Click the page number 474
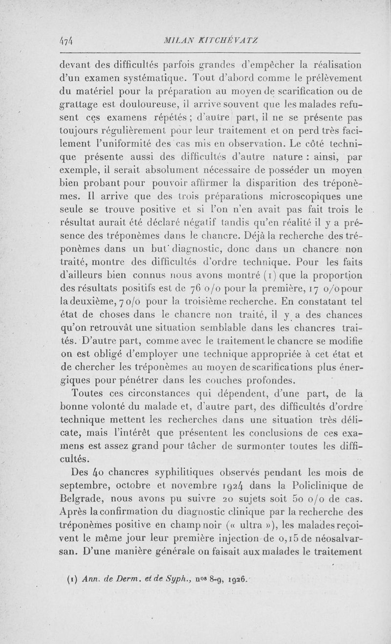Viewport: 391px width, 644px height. (x=66, y=42)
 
